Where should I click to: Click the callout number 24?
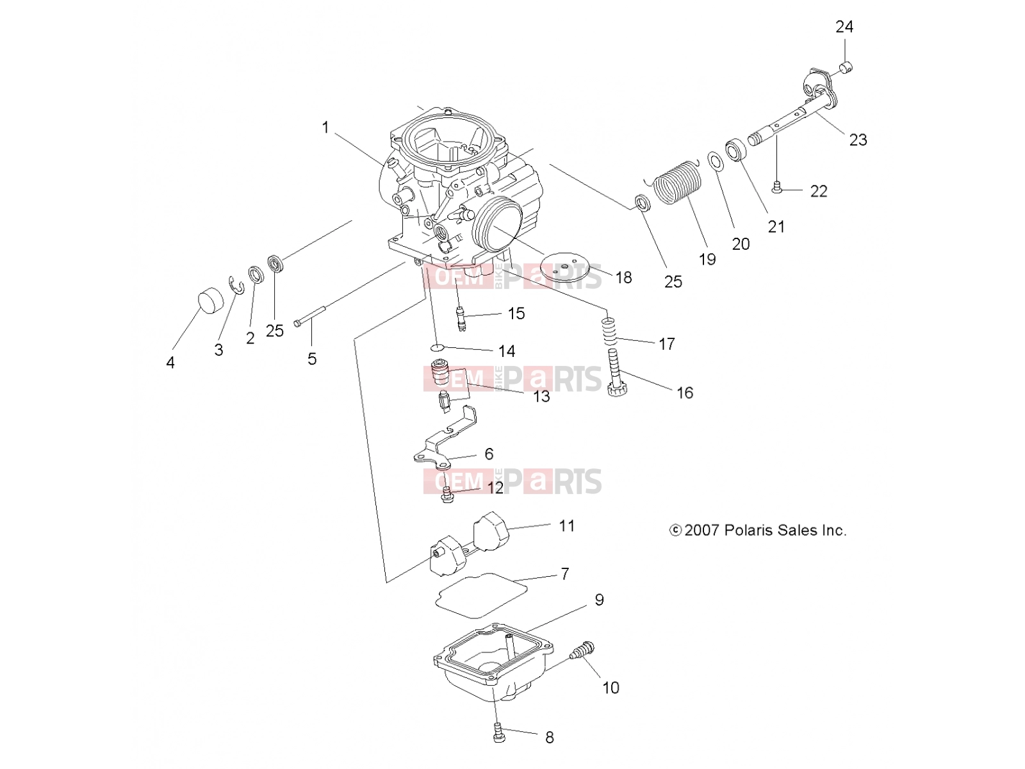click(x=844, y=27)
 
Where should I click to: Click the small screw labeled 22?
click(x=776, y=188)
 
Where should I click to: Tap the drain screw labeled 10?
click(x=582, y=651)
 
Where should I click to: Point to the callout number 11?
click(x=566, y=525)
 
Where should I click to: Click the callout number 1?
click(x=325, y=127)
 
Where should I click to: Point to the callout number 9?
click(x=599, y=600)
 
